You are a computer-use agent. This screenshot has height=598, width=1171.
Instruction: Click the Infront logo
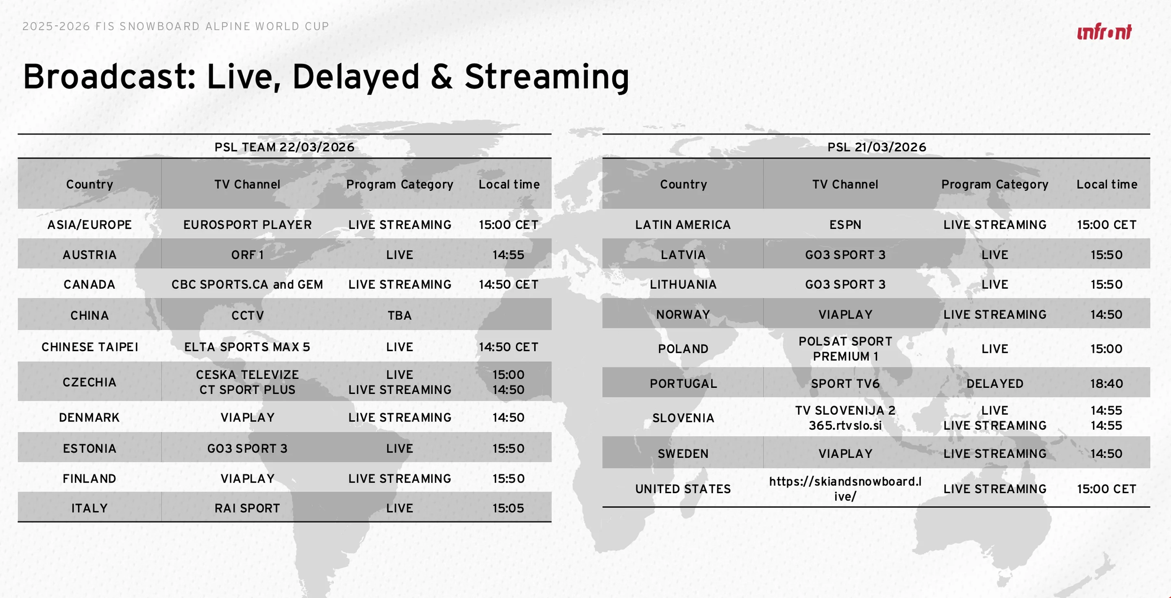(1104, 32)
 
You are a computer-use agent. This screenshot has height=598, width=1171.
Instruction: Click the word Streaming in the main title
(547, 77)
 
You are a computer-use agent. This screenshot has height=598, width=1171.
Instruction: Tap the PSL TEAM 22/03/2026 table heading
(285, 147)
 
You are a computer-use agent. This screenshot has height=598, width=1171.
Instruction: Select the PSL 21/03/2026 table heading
(877, 147)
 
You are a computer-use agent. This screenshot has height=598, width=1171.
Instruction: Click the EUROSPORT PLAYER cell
(247, 224)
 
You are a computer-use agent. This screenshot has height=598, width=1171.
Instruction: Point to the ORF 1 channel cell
(247, 255)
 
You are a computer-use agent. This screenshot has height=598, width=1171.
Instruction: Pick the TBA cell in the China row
(400, 315)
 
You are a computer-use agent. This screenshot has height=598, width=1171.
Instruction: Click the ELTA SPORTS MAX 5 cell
(247, 347)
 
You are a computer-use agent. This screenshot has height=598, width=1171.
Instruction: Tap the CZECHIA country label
(89, 382)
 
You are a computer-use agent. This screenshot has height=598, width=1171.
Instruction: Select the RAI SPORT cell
(247, 508)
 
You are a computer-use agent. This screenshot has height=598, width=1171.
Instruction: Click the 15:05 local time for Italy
(508, 508)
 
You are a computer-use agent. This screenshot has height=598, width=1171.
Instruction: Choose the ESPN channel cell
(845, 224)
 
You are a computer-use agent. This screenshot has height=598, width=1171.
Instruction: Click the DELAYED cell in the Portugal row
(995, 383)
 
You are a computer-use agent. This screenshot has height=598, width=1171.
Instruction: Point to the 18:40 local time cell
(1106, 383)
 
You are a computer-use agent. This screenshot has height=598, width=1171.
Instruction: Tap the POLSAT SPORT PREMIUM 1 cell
(845, 349)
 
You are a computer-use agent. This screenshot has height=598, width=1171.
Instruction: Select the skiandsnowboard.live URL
(845, 489)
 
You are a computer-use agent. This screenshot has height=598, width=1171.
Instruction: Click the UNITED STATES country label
(683, 489)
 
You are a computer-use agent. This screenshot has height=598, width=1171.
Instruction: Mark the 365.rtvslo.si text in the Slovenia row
(845, 426)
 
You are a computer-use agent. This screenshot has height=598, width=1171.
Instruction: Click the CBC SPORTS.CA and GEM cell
(247, 285)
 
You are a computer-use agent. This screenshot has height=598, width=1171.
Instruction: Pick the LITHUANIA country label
(683, 285)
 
